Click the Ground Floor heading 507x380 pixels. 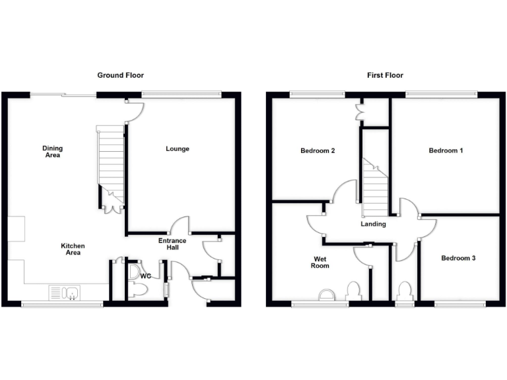point(121,75)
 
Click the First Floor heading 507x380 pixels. point(385,75)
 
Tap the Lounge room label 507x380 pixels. point(178,149)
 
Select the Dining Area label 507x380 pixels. point(53,152)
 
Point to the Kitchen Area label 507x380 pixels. point(73,249)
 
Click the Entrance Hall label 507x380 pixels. point(172,244)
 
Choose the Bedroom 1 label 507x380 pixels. point(446,151)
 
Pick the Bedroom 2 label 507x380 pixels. point(318,151)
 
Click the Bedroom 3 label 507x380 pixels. point(458,258)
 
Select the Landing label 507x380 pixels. point(373,224)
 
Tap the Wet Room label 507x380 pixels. point(320,263)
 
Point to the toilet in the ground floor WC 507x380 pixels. point(138,288)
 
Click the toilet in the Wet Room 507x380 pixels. point(353,290)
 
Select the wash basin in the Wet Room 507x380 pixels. point(326,295)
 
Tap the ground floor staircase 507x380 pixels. point(110,158)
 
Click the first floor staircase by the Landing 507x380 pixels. point(374,188)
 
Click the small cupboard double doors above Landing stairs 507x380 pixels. point(360,112)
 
